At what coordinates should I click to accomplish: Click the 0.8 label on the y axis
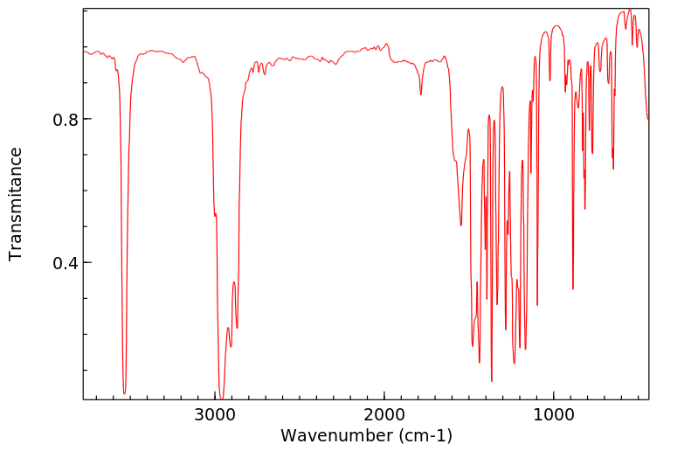click(x=59, y=119)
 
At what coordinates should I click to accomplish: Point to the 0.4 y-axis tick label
click(x=59, y=263)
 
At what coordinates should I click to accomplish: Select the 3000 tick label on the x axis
click(x=216, y=415)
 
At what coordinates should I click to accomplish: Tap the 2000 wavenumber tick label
click(x=384, y=415)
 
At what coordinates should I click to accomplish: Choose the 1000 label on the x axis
click(x=553, y=415)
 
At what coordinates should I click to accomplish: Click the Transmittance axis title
click(x=16, y=204)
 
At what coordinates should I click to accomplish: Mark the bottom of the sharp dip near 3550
click(x=125, y=393)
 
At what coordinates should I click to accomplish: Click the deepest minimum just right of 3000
click(x=221, y=399)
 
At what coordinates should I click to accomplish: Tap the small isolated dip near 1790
click(x=421, y=94)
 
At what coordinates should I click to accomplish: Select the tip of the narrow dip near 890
click(x=573, y=288)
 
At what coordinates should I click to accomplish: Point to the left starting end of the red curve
click(x=84, y=52)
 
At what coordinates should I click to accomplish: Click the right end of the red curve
click(x=647, y=120)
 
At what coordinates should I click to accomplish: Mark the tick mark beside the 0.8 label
click(x=86, y=119)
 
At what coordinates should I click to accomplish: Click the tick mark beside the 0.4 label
click(x=86, y=263)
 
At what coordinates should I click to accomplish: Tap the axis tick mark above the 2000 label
click(x=384, y=397)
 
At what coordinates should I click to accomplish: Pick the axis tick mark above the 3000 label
click(x=216, y=397)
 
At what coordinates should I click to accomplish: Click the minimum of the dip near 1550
click(x=461, y=225)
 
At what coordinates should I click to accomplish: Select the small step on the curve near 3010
click(x=215, y=214)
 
